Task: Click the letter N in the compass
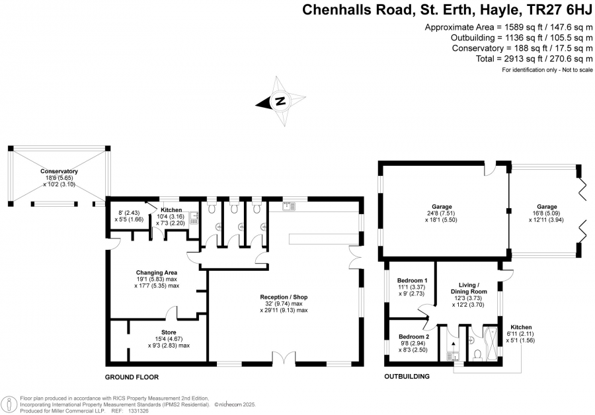(280, 101)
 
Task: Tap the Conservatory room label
(59, 171)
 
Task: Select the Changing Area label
(157, 272)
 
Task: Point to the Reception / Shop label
(284, 297)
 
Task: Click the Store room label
(169, 332)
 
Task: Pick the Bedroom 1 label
(413, 281)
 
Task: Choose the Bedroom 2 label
(414, 336)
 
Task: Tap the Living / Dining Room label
(469, 288)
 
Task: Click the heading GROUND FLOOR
(132, 377)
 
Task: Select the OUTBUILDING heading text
(407, 376)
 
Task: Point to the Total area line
(534, 59)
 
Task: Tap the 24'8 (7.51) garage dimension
(442, 213)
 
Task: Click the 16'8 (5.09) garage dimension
(547, 213)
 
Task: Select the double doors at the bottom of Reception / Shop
(284, 359)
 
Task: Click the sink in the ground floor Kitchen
(194, 217)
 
